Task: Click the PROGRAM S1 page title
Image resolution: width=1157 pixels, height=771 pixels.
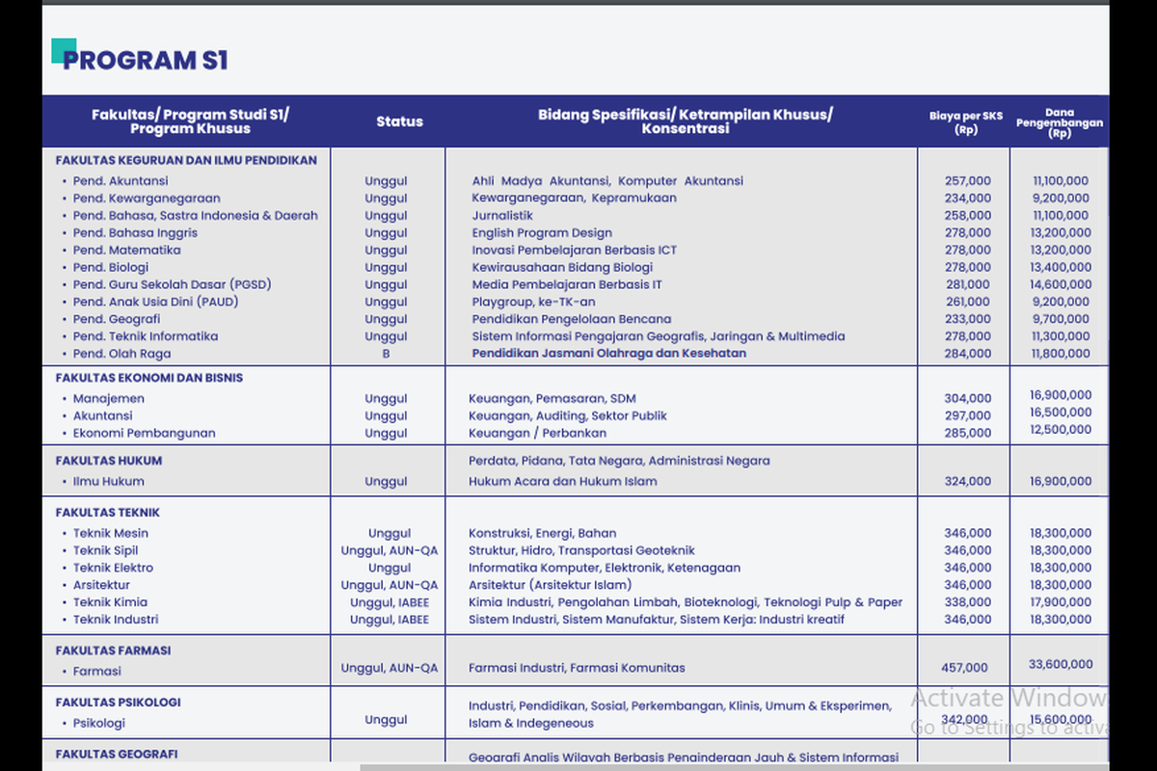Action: tap(146, 61)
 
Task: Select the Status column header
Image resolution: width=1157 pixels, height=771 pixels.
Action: tap(399, 121)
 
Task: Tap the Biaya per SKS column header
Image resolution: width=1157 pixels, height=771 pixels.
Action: tap(966, 122)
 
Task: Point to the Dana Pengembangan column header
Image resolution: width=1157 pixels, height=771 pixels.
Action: tap(1059, 122)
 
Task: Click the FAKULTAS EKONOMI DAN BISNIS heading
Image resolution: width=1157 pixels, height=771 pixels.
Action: tap(149, 378)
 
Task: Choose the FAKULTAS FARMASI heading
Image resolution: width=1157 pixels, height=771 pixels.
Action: tap(113, 651)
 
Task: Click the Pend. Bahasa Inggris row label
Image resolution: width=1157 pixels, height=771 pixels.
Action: tap(135, 232)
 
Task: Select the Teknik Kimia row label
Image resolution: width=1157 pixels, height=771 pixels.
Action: tap(110, 602)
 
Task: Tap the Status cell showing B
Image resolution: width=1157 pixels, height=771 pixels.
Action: tap(386, 354)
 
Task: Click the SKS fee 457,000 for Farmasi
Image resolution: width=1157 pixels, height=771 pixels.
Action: tap(964, 667)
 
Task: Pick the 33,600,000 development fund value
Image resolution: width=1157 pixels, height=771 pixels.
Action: tap(1061, 664)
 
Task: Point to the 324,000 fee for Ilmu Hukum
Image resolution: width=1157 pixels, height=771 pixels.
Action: tap(967, 481)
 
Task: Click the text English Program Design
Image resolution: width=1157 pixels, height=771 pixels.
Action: tap(542, 232)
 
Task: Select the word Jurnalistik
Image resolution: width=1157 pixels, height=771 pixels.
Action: tap(502, 215)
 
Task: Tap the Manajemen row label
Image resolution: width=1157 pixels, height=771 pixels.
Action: tap(109, 398)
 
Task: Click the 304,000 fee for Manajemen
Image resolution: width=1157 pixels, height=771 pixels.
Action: tap(967, 398)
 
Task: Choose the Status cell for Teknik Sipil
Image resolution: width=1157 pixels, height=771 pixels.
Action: tap(389, 550)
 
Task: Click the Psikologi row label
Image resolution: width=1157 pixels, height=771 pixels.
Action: tap(99, 723)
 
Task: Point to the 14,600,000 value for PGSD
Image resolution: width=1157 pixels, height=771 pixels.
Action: tap(1061, 284)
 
